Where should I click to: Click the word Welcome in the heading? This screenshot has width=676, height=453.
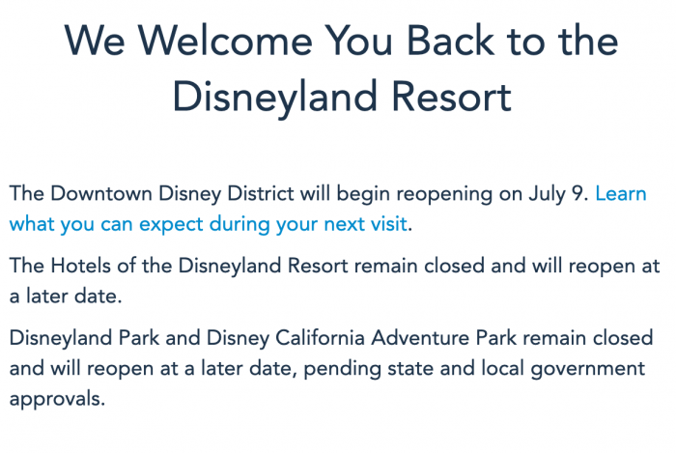coord(225,41)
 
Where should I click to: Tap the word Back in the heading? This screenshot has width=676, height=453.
coord(451,41)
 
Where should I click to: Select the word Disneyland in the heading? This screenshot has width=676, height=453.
coord(275,98)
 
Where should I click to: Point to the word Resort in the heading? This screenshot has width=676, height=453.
coord(451,98)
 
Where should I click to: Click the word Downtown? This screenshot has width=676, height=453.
coord(100,193)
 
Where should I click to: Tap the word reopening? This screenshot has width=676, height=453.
coord(444,195)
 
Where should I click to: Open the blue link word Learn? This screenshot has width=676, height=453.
coord(621,193)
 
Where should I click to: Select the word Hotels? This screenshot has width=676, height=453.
coord(80,266)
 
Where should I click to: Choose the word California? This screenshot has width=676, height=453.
coord(321,337)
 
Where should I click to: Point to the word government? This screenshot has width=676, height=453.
coord(587,369)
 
